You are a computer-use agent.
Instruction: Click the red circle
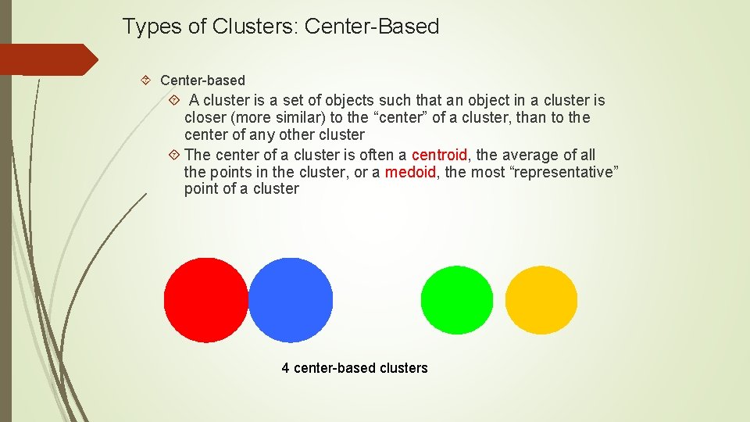pyautogui.click(x=205, y=300)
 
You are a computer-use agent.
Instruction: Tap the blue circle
pyautogui.click(x=291, y=300)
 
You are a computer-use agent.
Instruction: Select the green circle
pyautogui.click(x=457, y=300)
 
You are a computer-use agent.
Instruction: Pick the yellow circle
pyautogui.click(x=541, y=300)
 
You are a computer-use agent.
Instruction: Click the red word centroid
pyautogui.click(x=439, y=155)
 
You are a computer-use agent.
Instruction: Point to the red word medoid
pyautogui.click(x=410, y=172)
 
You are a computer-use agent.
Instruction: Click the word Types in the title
pyautogui.click(x=148, y=27)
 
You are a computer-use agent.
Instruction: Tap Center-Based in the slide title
pyautogui.click(x=372, y=27)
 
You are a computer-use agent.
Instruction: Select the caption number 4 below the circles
pyautogui.click(x=286, y=368)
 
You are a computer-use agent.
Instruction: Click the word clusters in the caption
pyautogui.click(x=403, y=368)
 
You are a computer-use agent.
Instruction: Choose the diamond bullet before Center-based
pyautogui.click(x=148, y=80)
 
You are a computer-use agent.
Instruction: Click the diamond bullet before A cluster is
pyautogui.click(x=175, y=101)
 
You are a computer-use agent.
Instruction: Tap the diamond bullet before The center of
pyautogui.click(x=175, y=155)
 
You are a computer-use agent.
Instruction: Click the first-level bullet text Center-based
pyautogui.click(x=202, y=80)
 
